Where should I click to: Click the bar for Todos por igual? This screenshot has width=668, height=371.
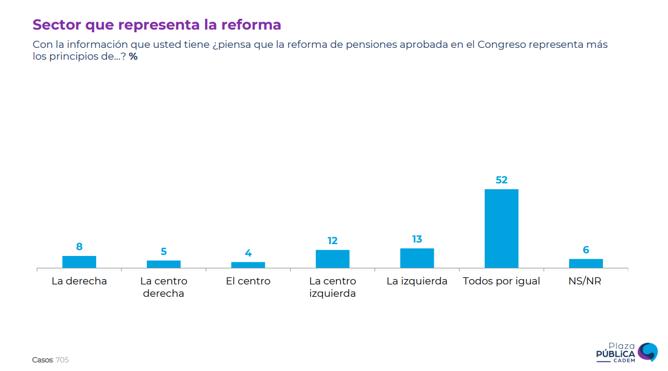point(501,229)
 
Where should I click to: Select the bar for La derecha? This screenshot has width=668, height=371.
point(79,262)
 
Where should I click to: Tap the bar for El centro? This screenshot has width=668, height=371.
point(248,265)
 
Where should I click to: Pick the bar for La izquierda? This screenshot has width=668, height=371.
point(417,258)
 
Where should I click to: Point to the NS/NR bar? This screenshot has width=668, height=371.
point(586,263)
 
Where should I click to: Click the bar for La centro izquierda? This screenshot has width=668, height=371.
point(333,259)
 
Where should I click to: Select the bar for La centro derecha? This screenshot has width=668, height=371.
point(163,264)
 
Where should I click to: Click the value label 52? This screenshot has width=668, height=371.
point(501,180)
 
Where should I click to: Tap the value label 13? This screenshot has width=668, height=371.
point(417,239)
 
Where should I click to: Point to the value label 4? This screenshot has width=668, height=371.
point(248,253)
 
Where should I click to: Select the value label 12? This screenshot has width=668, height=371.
point(333,241)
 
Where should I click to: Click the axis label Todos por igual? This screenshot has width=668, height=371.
point(501,281)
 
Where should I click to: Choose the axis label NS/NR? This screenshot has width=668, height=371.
point(586,281)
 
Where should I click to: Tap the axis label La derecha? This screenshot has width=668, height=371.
point(79,281)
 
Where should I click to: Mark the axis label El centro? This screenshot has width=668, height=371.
point(248,281)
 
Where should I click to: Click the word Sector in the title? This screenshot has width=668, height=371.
point(56,25)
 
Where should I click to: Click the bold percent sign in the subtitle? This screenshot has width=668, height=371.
point(133,56)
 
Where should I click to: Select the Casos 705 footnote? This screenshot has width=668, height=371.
point(51,360)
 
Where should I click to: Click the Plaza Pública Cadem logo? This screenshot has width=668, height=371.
point(627,353)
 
